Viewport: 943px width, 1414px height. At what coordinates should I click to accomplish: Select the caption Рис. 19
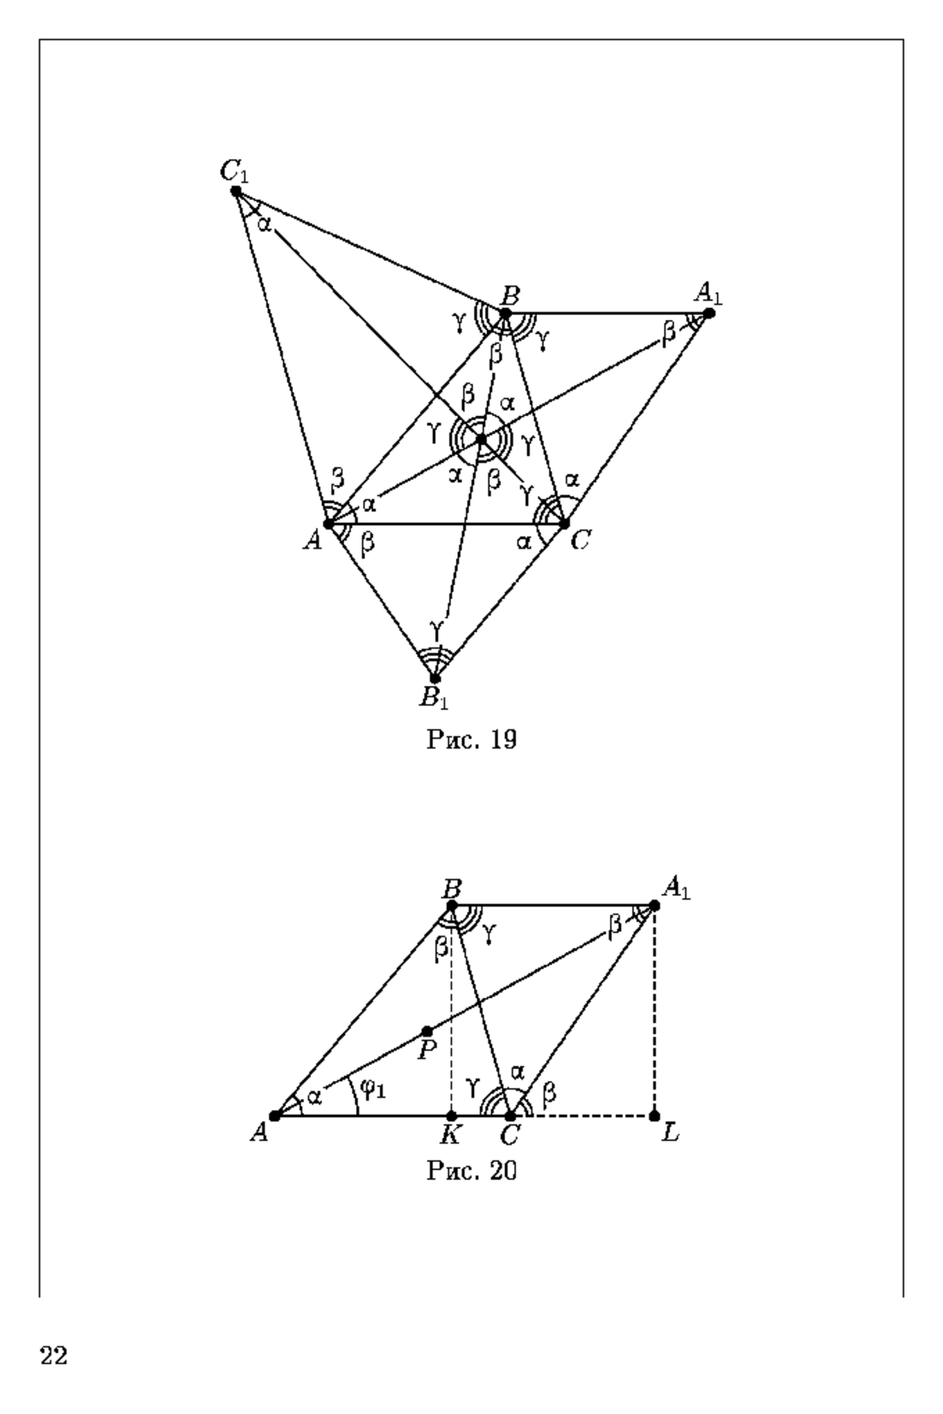[x=472, y=739]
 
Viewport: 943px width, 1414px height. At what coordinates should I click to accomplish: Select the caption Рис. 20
[x=472, y=1170]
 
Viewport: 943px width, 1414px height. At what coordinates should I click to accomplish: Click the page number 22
[x=53, y=1356]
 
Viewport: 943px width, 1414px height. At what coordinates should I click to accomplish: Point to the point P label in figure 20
[x=427, y=1050]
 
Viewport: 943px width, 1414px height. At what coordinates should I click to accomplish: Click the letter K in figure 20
[x=450, y=1134]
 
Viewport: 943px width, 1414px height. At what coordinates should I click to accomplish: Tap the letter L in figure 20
[x=670, y=1134]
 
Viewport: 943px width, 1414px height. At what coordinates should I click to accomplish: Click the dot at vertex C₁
[x=236, y=191]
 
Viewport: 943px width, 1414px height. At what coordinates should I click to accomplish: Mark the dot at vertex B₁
[x=435, y=678]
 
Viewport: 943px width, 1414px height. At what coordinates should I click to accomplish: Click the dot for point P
[x=427, y=1031]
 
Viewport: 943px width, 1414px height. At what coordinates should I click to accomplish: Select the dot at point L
[x=655, y=1115]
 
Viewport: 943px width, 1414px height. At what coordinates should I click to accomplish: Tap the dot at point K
[x=451, y=1115]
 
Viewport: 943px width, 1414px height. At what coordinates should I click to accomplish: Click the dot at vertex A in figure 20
[x=274, y=1115]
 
